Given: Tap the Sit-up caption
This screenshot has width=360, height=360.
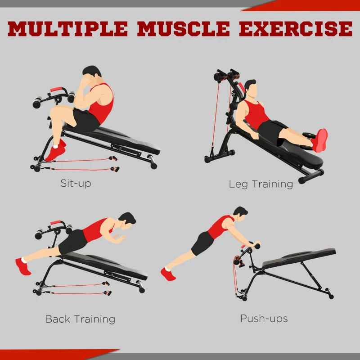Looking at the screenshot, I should pos(76,183).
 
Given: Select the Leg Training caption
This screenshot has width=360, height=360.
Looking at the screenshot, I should pos(261,184).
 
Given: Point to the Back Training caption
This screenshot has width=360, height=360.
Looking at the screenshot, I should pos(80,319).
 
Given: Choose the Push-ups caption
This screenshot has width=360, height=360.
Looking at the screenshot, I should pos(264,319).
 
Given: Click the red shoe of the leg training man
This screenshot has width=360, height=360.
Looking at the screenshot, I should pos(320,140).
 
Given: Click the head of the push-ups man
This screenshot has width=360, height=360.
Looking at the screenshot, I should pos(240,213).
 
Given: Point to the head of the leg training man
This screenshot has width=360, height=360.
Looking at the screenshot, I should pos(250,89).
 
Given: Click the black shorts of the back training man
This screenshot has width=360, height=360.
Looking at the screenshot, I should pos(72,241).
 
